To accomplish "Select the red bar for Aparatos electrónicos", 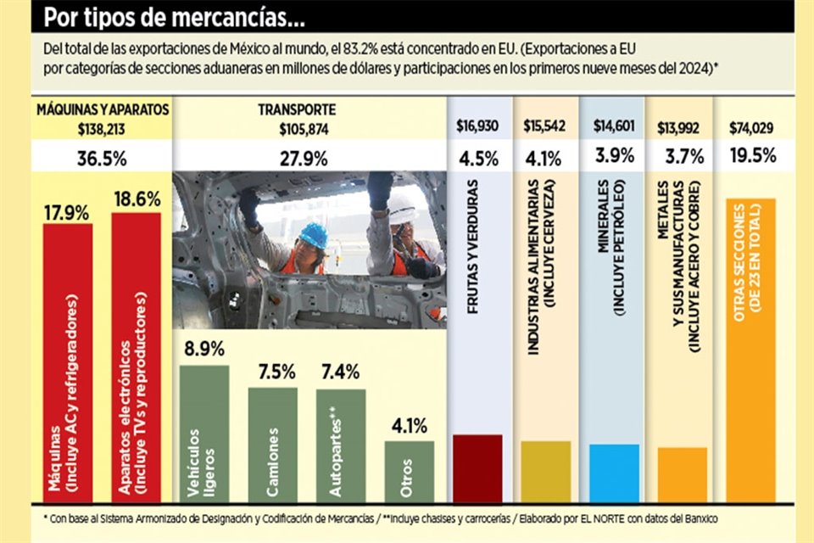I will [136, 356].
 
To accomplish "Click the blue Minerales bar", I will [614, 472].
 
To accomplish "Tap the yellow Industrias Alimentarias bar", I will [546, 470].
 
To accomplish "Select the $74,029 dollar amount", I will [751, 128].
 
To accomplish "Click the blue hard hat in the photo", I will [314, 235].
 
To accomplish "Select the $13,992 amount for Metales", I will [682, 128].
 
